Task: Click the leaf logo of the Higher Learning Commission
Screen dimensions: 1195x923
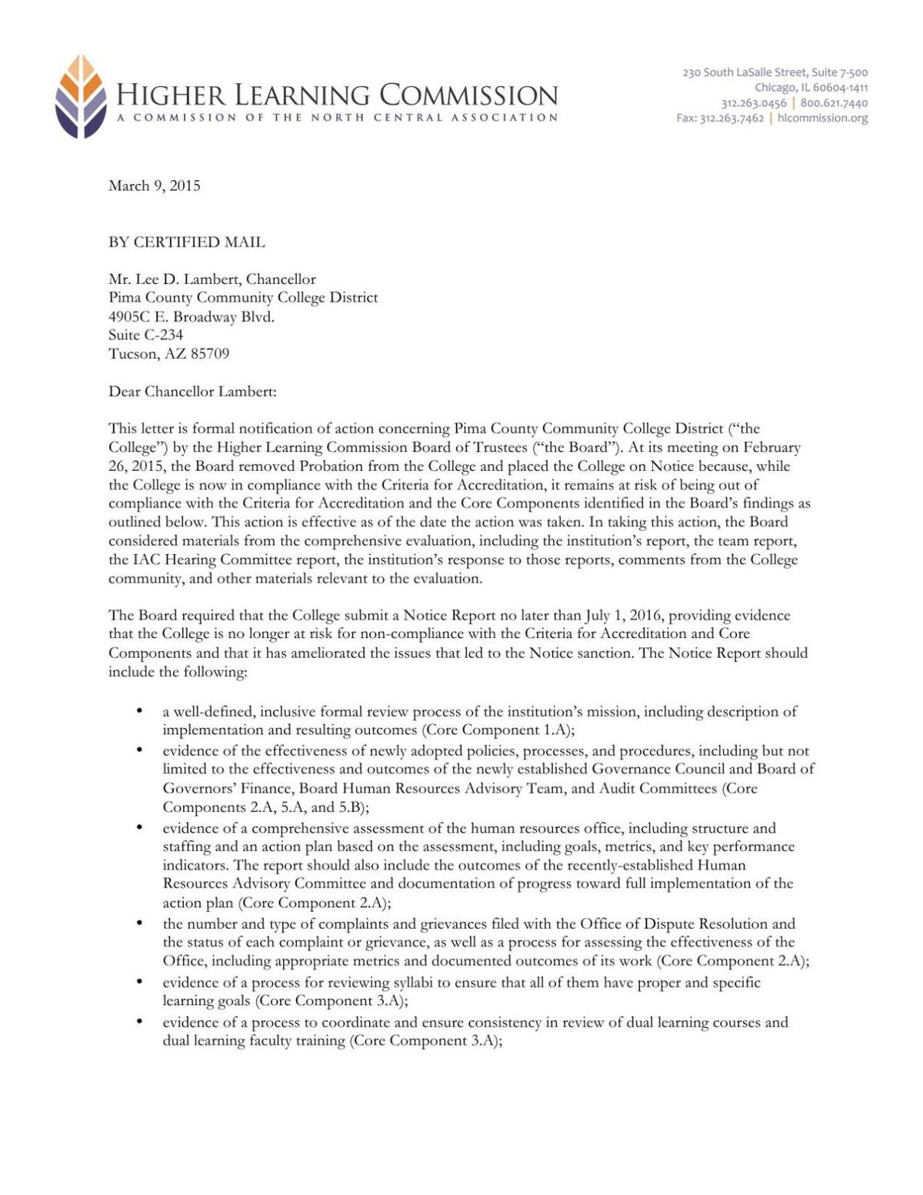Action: point(81,97)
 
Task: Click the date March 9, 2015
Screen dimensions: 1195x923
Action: point(154,185)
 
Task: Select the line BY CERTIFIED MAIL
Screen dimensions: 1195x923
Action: point(186,242)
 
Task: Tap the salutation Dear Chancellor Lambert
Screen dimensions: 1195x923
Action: point(192,392)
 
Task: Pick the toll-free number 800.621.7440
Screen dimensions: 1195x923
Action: point(834,102)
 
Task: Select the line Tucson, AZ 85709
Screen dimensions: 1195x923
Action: point(168,354)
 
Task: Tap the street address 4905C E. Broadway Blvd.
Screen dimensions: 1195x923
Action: point(191,316)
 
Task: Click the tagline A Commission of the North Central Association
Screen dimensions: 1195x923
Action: point(337,118)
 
